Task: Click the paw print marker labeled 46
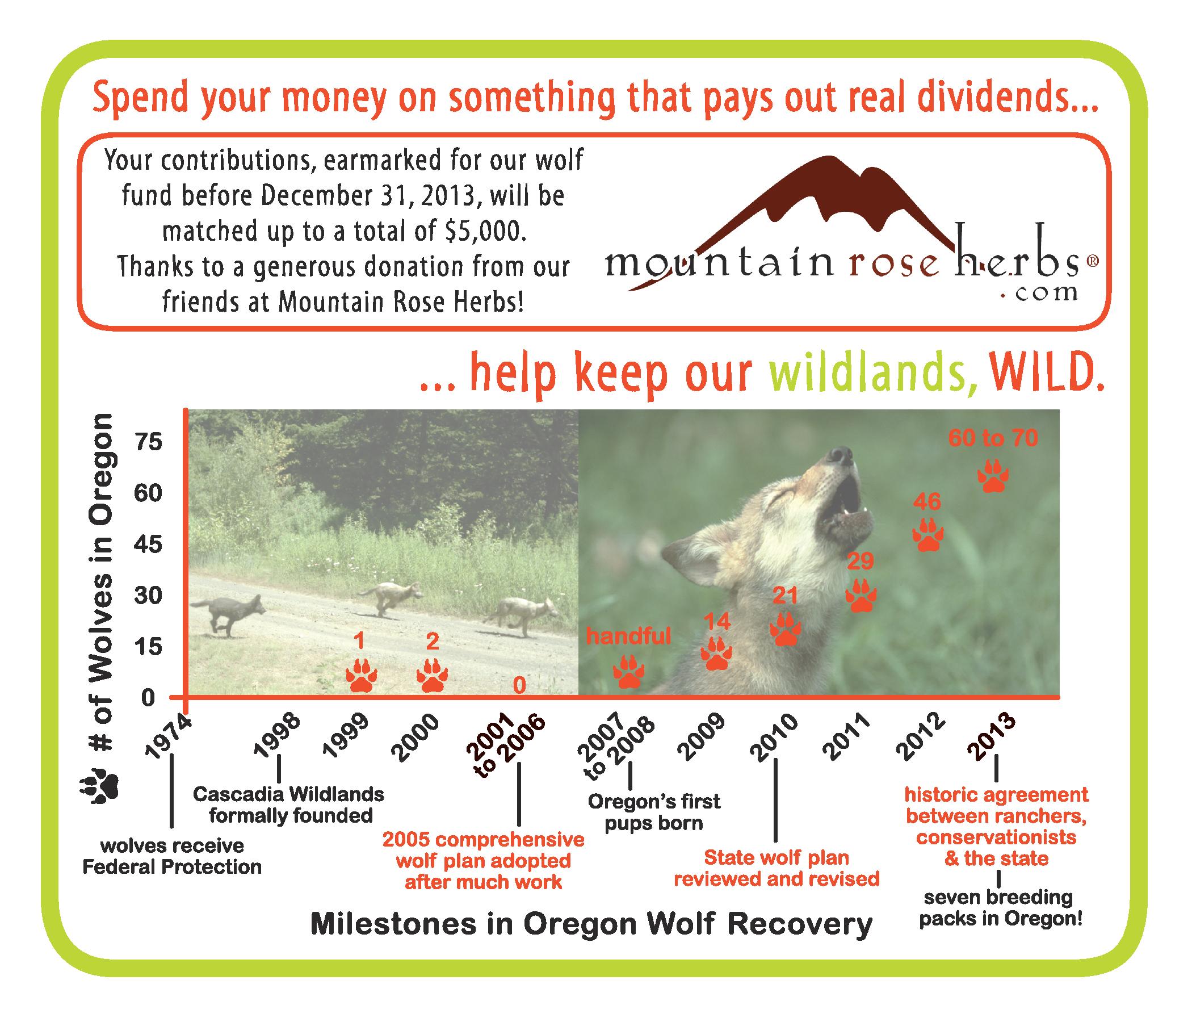coord(927,535)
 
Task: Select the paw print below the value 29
coord(861,596)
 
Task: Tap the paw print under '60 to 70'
coord(993,476)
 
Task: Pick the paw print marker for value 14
coord(716,654)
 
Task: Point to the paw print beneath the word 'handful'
coord(628,672)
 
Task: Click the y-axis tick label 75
coord(148,442)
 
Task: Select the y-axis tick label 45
coord(148,544)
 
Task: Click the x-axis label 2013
coord(991,737)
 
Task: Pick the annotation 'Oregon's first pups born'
coord(654,812)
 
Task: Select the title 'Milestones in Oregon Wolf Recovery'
coord(591,925)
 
